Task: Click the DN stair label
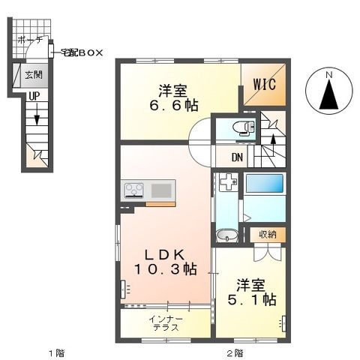coord(237,157)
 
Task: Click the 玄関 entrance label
coord(32,74)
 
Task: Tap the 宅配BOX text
coord(82,52)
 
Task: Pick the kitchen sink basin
coord(161,189)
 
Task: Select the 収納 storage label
coord(268,235)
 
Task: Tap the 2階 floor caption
coord(235,352)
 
